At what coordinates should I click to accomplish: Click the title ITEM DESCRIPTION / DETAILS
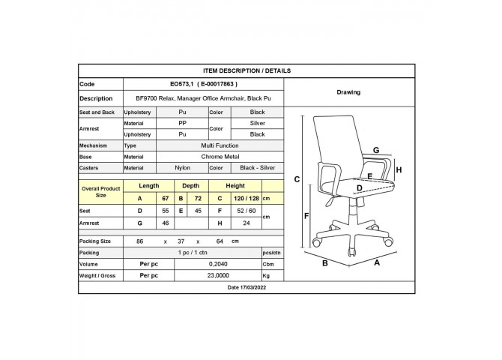click(247, 70)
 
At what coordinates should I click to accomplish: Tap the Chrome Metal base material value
click(220, 157)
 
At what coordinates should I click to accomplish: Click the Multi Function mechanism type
click(220, 145)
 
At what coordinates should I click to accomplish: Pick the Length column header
click(149, 186)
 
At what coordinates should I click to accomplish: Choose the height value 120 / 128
click(247, 199)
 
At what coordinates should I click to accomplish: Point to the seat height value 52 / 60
click(247, 211)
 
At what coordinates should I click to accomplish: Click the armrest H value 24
click(247, 223)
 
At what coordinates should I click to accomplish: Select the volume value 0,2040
click(218, 264)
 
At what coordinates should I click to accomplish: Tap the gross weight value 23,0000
click(218, 276)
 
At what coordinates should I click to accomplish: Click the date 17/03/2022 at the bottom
click(247, 287)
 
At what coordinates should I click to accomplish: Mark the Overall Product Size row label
click(101, 192)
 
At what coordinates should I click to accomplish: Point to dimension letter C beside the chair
click(297, 179)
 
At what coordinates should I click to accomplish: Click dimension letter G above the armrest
click(376, 150)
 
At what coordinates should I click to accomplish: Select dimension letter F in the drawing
click(306, 216)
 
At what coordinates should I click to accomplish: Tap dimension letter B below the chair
click(325, 263)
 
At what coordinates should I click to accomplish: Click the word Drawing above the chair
click(348, 92)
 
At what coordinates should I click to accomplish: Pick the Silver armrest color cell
click(258, 124)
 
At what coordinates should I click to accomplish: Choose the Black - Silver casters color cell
click(258, 168)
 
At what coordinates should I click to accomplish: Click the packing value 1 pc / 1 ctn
click(193, 253)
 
